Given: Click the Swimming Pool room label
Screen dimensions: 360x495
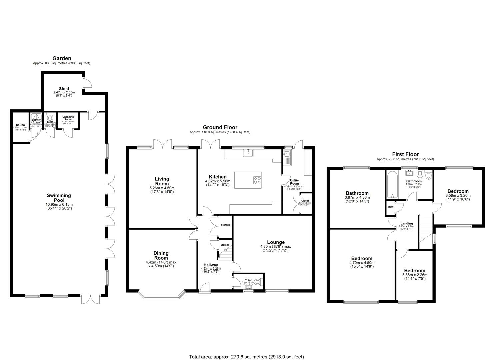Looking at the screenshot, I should coord(59,198).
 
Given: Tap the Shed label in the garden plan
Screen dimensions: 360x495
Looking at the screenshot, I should coord(64,89).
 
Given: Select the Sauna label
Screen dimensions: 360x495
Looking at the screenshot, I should coord(19,125).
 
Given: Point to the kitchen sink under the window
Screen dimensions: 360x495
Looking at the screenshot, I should coord(248,153).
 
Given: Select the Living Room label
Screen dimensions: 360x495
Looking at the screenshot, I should coord(162,181).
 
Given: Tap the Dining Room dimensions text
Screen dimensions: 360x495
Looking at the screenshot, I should coord(161,264).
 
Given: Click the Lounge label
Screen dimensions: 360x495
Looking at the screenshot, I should coord(276,242).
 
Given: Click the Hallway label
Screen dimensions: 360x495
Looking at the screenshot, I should coord(209,265).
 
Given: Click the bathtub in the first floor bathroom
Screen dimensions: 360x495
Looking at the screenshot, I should coord(392,185).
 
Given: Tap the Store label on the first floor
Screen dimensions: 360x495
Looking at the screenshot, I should coord(390,207).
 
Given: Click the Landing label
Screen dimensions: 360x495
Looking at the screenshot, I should coord(406,223).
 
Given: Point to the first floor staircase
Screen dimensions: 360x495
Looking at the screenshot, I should coord(426,228).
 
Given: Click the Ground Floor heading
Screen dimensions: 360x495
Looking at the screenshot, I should coord(220,127).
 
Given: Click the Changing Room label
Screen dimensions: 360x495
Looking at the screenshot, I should coord(68,118).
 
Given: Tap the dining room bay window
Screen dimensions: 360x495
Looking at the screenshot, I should coord(161,295).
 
